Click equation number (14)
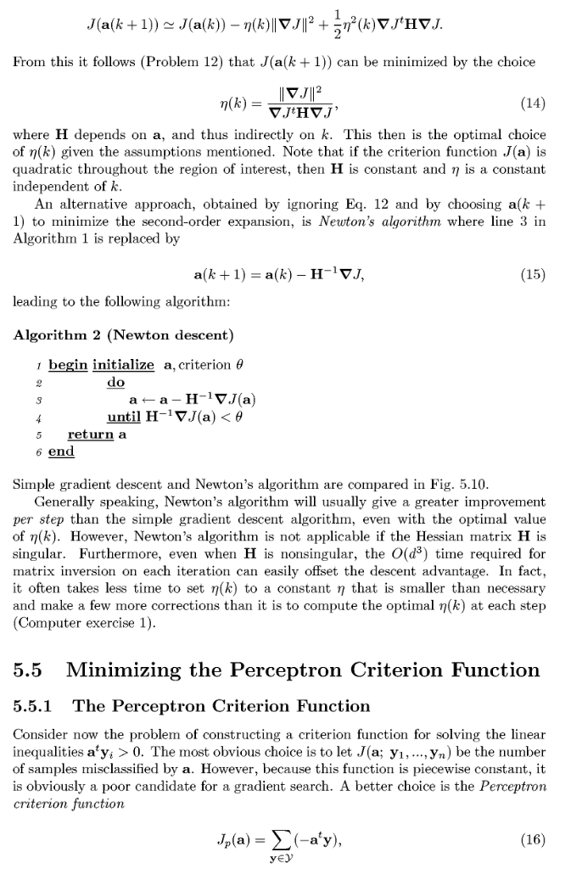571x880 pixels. pyautogui.click(x=532, y=104)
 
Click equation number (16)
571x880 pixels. pyautogui.click(x=532, y=839)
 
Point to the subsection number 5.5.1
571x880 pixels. pyautogui.click(x=37, y=705)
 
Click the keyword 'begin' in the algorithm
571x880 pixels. pyautogui.click(x=68, y=364)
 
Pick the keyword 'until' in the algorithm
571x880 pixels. pyautogui.click(x=123, y=416)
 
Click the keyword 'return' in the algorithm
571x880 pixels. pyautogui.click(x=91, y=434)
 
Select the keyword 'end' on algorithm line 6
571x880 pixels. pyautogui.click(x=61, y=451)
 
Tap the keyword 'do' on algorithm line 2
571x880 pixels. pyautogui.click(x=115, y=382)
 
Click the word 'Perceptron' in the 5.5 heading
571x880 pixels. pyautogui.click(x=274, y=670)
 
